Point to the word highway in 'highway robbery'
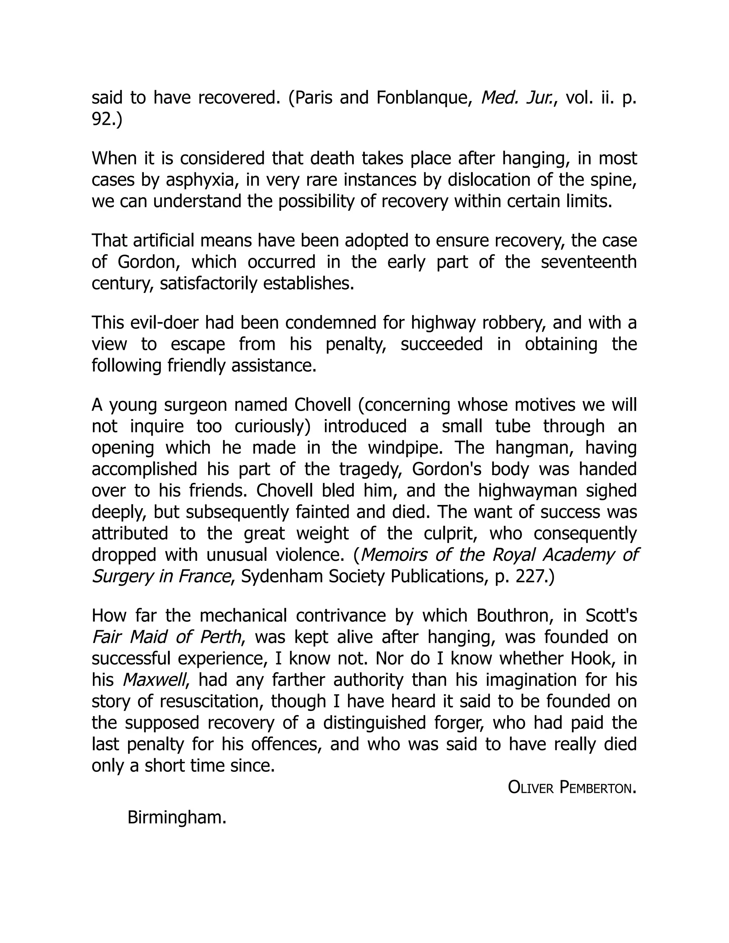tap(441, 323)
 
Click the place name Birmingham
tap(177, 818)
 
